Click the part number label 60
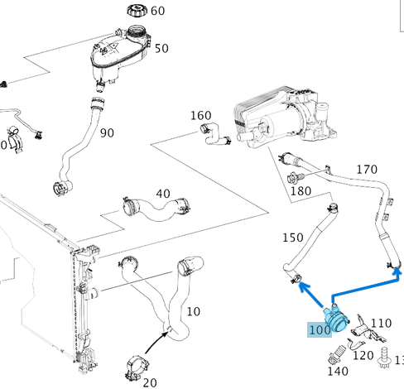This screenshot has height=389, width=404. coord(157,12)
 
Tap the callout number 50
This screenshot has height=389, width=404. coord(161,49)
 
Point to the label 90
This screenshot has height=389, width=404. coord(107,133)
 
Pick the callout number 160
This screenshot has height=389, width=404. coord(201,115)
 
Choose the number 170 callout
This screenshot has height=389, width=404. coord(367,170)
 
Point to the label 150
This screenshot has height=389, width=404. coord(293,238)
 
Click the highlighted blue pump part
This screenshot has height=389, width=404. coord(338,315)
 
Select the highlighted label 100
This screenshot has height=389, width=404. coord(320,329)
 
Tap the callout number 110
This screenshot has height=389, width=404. coord(381,323)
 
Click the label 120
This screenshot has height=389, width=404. coord(363,356)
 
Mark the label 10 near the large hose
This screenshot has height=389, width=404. coord(193,311)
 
